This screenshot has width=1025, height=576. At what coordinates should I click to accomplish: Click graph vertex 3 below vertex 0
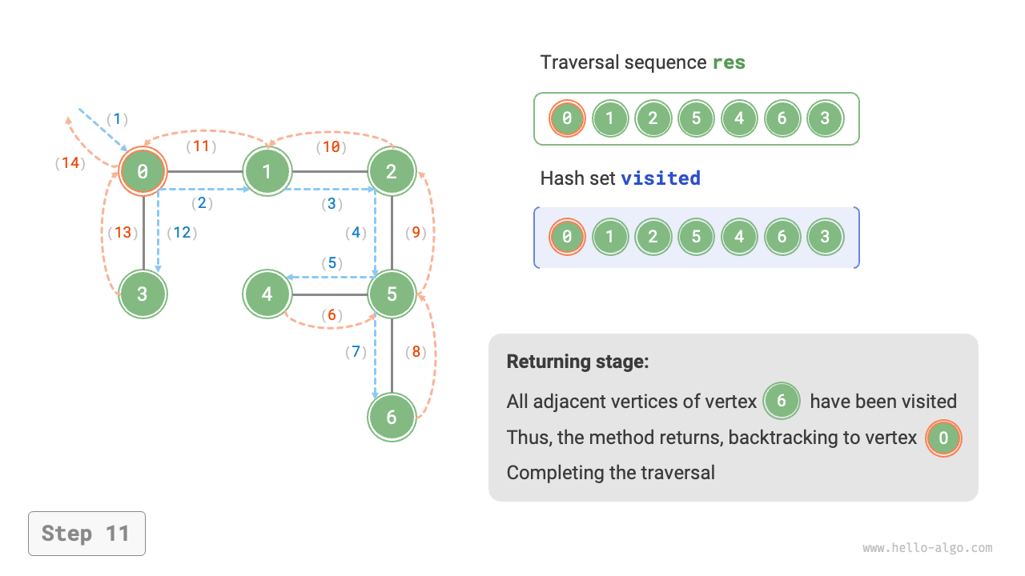(x=143, y=294)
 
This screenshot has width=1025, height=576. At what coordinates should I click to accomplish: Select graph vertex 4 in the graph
(x=267, y=294)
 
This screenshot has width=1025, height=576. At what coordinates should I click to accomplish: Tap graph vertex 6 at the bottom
(x=392, y=417)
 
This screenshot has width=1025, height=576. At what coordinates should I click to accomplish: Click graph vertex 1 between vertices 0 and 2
(x=267, y=170)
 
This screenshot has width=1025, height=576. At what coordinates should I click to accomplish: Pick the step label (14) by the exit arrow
(x=70, y=163)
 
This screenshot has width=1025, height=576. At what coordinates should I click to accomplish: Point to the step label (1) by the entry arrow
(x=117, y=119)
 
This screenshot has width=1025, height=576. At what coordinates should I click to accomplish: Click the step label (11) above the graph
(x=201, y=146)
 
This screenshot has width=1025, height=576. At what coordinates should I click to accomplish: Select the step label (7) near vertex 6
(x=356, y=351)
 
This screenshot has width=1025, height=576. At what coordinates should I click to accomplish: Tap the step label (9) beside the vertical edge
(x=416, y=233)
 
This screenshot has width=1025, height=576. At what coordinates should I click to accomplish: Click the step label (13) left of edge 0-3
(x=123, y=233)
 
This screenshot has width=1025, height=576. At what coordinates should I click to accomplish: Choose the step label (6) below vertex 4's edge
(x=332, y=315)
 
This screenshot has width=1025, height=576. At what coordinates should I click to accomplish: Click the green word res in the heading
(x=729, y=62)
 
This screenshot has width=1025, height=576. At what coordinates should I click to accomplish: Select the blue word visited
(x=661, y=178)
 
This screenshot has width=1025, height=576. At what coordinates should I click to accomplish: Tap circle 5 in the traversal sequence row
(x=696, y=119)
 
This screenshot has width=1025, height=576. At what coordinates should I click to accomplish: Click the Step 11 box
(x=86, y=534)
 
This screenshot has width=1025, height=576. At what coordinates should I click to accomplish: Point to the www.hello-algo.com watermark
(x=927, y=548)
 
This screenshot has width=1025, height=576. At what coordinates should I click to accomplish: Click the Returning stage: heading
(x=577, y=362)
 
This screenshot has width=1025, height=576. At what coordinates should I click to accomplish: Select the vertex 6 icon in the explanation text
(x=782, y=401)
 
